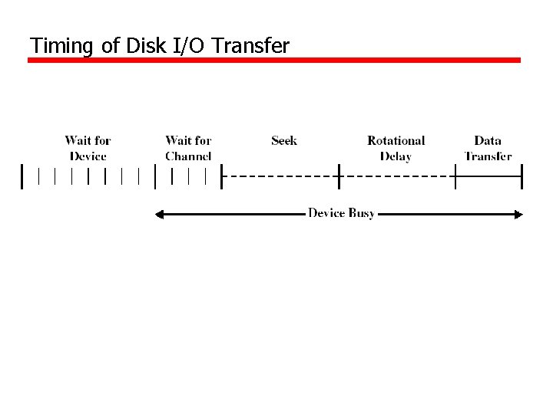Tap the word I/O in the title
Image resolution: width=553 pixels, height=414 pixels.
(x=188, y=46)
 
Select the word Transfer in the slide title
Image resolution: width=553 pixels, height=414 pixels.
(x=250, y=46)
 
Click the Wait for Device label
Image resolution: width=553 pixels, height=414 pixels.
(x=88, y=148)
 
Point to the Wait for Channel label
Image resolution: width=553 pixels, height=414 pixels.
(x=188, y=148)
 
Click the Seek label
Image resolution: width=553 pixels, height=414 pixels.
(x=284, y=140)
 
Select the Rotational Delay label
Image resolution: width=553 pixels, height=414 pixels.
(x=396, y=148)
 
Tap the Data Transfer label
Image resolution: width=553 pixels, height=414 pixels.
(x=488, y=148)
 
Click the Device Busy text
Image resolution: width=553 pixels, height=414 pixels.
(x=341, y=213)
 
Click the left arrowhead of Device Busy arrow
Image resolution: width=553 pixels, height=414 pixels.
(x=160, y=215)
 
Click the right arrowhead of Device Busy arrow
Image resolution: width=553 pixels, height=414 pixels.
(x=518, y=215)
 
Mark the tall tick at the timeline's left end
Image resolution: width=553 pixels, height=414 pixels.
(x=22, y=176)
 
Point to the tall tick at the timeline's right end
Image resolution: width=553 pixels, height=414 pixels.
(x=522, y=176)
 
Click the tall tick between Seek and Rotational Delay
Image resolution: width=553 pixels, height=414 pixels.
(x=339, y=176)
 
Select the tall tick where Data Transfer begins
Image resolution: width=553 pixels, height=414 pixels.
(x=455, y=176)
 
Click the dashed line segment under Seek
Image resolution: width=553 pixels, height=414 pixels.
(x=280, y=176)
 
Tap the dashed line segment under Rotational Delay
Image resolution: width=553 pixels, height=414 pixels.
(x=397, y=176)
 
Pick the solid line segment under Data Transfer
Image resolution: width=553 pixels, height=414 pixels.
(x=488, y=176)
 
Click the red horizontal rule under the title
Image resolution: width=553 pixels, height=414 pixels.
(x=274, y=60)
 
